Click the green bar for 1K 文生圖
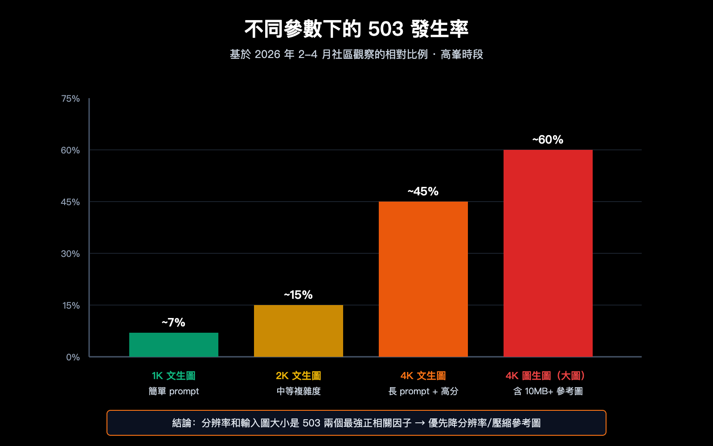click(x=174, y=344)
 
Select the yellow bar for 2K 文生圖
click(x=299, y=330)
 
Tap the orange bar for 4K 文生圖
click(x=423, y=279)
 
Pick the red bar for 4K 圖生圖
click(x=548, y=253)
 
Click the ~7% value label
click(x=173, y=322)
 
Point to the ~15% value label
click(x=298, y=295)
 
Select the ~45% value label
click(x=423, y=191)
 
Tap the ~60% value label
click(x=548, y=140)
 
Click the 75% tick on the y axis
click(x=70, y=99)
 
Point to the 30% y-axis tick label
click(x=70, y=254)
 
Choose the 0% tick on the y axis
click(x=73, y=357)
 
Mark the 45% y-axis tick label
click(x=70, y=202)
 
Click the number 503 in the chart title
click(x=385, y=29)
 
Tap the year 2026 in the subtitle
click(x=267, y=54)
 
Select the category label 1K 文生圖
click(x=174, y=376)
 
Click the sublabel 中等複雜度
click(x=299, y=391)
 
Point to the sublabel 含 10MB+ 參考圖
click(x=548, y=391)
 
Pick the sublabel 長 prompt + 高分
click(x=423, y=391)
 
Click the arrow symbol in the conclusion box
click(x=420, y=423)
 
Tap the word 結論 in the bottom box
click(x=182, y=423)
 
